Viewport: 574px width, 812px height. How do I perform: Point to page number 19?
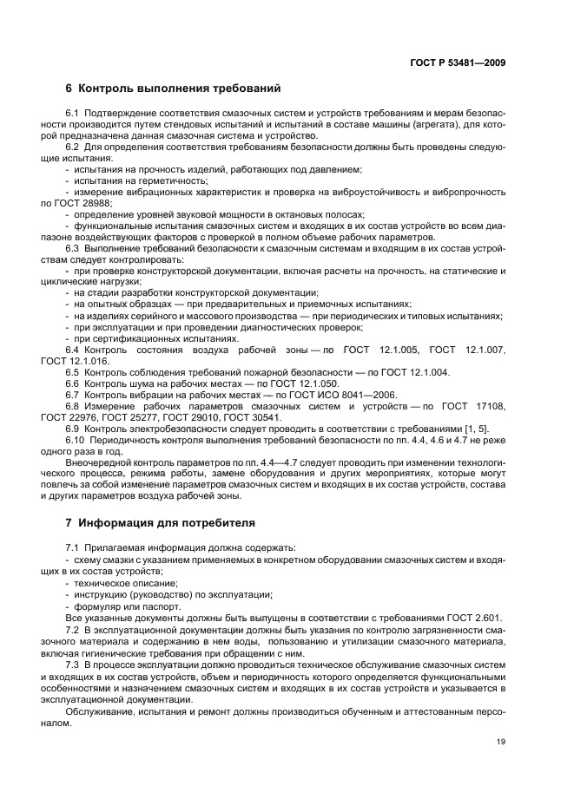501,740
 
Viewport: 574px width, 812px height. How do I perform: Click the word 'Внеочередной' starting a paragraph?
97,462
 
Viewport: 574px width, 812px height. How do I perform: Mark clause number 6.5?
73,372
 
